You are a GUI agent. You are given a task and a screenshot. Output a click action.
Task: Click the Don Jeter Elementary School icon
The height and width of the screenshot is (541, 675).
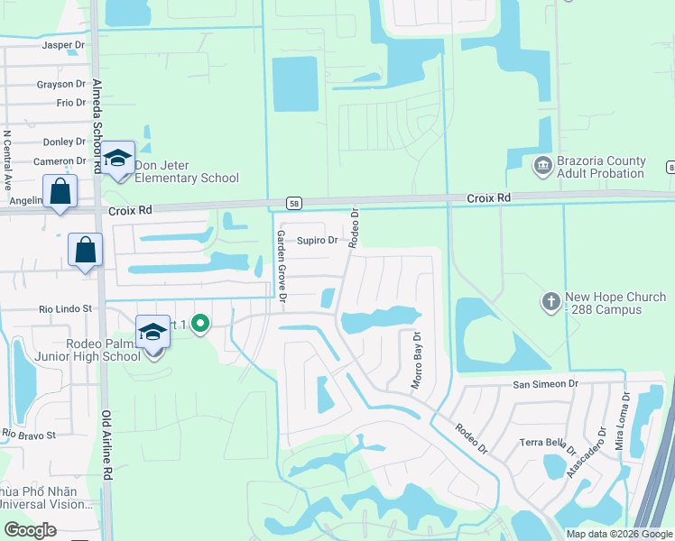[x=117, y=159]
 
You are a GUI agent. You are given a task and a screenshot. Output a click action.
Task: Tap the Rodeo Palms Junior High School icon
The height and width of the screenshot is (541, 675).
[x=153, y=332]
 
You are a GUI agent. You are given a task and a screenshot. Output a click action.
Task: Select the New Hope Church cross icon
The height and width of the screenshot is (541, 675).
[x=551, y=301]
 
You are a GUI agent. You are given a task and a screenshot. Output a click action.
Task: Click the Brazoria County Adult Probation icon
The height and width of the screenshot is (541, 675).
[x=542, y=164]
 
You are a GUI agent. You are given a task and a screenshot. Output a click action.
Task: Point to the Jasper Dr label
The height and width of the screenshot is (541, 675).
[x=63, y=44]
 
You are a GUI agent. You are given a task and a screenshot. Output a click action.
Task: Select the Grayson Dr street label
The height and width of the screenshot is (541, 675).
[x=61, y=85]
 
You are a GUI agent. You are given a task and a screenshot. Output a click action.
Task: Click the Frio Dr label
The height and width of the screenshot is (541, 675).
[x=70, y=103]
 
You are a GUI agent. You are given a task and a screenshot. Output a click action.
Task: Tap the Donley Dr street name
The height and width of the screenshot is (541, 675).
[x=64, y=142]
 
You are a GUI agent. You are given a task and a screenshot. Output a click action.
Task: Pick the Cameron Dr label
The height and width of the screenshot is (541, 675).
[x=60, y=161]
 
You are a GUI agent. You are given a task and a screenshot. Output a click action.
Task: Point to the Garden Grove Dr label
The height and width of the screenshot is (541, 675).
[x=281, y=265]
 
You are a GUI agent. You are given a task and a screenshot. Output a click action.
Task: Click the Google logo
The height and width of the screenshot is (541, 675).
[x=31, y=530]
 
